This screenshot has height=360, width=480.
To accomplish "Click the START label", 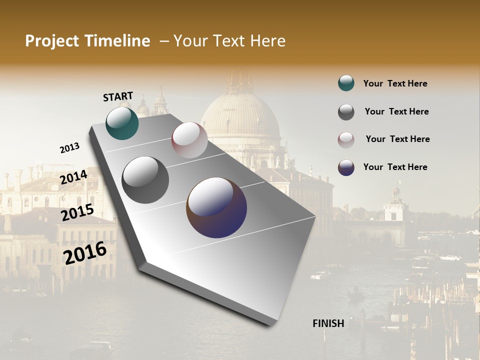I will (118, 96).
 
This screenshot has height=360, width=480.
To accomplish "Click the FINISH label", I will (328, 323).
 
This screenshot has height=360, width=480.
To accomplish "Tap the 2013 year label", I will (69, 148).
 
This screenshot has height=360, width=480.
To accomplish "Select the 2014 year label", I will (73, 177).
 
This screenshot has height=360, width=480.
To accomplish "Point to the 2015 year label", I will (77, 212).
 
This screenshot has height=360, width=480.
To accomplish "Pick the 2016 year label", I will (85, 252).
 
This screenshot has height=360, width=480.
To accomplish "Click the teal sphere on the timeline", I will (122, 123).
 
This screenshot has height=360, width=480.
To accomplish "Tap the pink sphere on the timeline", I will (189, 140).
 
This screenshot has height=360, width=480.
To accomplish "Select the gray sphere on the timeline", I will (145, 179).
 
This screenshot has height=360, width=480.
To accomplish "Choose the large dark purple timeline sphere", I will (216, 207).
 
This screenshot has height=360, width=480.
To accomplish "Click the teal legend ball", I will (346, 83).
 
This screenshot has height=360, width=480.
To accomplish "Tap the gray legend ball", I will (346, 112).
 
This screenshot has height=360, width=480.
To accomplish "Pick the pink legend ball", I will (346, 139).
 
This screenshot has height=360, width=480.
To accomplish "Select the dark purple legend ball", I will (346, 167).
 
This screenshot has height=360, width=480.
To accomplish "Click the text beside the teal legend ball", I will (395, 83).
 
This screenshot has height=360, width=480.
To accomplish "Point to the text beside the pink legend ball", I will (397, 139).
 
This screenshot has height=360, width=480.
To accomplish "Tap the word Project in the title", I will (52, 41).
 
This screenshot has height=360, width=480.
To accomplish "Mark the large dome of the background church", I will (240, 115).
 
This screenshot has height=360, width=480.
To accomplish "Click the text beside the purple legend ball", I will (395, 167).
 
